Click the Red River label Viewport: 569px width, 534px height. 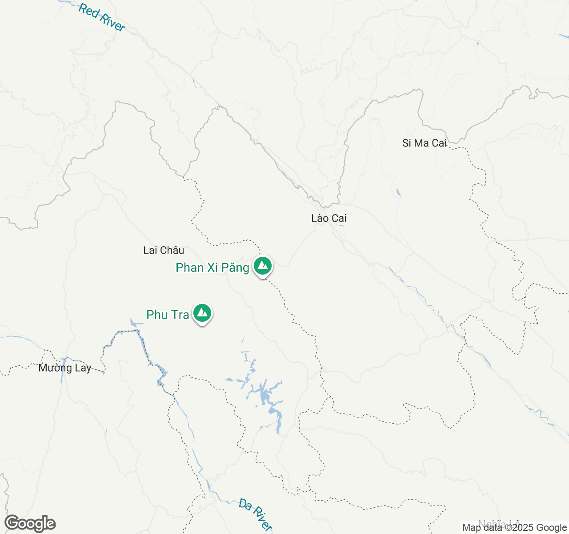(101, 17)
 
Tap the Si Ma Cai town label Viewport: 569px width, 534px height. (425, 143)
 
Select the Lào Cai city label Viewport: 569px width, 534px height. (329, 218)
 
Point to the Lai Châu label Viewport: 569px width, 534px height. (164, 250)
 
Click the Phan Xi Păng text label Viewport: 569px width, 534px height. (212, 267)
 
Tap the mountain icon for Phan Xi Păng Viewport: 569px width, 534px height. (263, 266)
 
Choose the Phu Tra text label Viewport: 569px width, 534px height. (168, 315)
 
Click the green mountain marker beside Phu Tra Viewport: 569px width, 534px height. (202, 313)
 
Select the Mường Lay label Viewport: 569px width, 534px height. (65, 368)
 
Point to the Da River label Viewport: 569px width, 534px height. (255, 514)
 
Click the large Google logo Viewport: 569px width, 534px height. (30, 523)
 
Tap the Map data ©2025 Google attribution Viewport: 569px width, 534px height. (515, 528)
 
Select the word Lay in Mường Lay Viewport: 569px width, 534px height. (83, 368)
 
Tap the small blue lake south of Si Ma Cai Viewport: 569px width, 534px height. (398, 193)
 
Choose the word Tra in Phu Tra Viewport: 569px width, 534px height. (180, 315)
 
